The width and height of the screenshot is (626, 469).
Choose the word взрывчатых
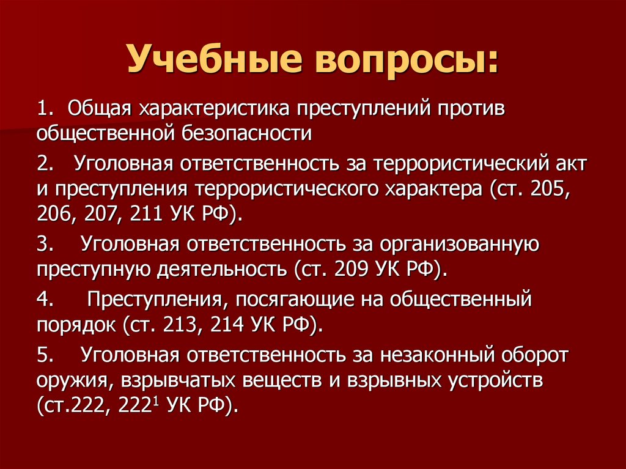pos(177,380)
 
